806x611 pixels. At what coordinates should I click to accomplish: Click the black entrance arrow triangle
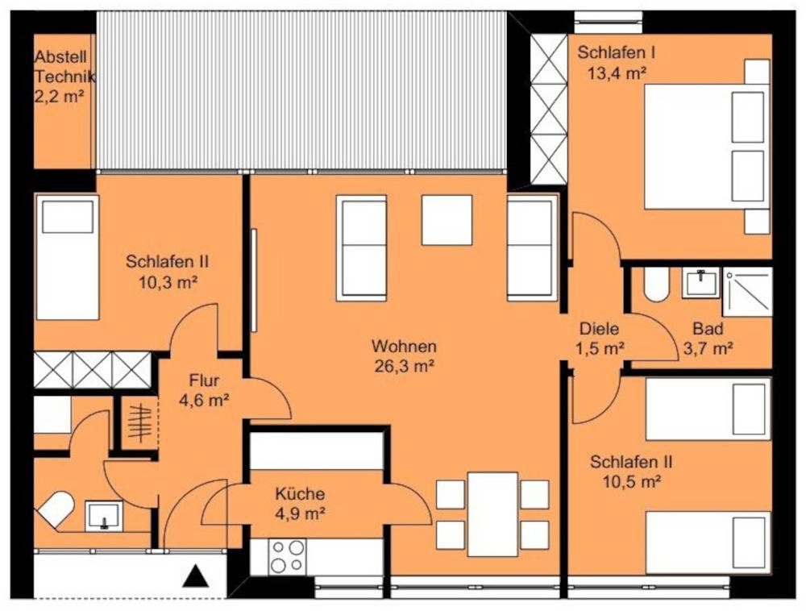[196, 576]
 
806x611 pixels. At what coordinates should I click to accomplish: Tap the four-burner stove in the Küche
[287, 556]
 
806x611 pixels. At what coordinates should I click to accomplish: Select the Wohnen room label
[404, 346]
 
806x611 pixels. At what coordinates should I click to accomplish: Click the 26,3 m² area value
[405, 366]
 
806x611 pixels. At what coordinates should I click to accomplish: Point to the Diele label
[599, 328]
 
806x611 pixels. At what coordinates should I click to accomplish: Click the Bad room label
[708, 328]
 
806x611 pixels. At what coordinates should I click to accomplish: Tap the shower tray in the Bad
[747, 292]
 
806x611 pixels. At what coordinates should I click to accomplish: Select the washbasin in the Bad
[700, 283]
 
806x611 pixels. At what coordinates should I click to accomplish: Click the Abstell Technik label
[64, 67]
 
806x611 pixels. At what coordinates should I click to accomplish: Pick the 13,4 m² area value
[617, 73]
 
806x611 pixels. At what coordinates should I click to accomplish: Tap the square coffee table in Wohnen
[447, 220]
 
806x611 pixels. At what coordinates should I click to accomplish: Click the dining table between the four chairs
[492, 514]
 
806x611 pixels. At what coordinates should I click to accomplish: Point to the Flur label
[204, 380]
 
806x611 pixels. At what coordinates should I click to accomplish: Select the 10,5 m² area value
[631, 481]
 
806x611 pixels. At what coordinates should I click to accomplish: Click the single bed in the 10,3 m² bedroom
[67, 257]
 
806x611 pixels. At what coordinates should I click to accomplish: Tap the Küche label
[300, 493]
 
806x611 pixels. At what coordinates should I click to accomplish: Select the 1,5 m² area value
[600, 348]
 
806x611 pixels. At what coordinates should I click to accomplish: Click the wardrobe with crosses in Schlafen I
[548, 109]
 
